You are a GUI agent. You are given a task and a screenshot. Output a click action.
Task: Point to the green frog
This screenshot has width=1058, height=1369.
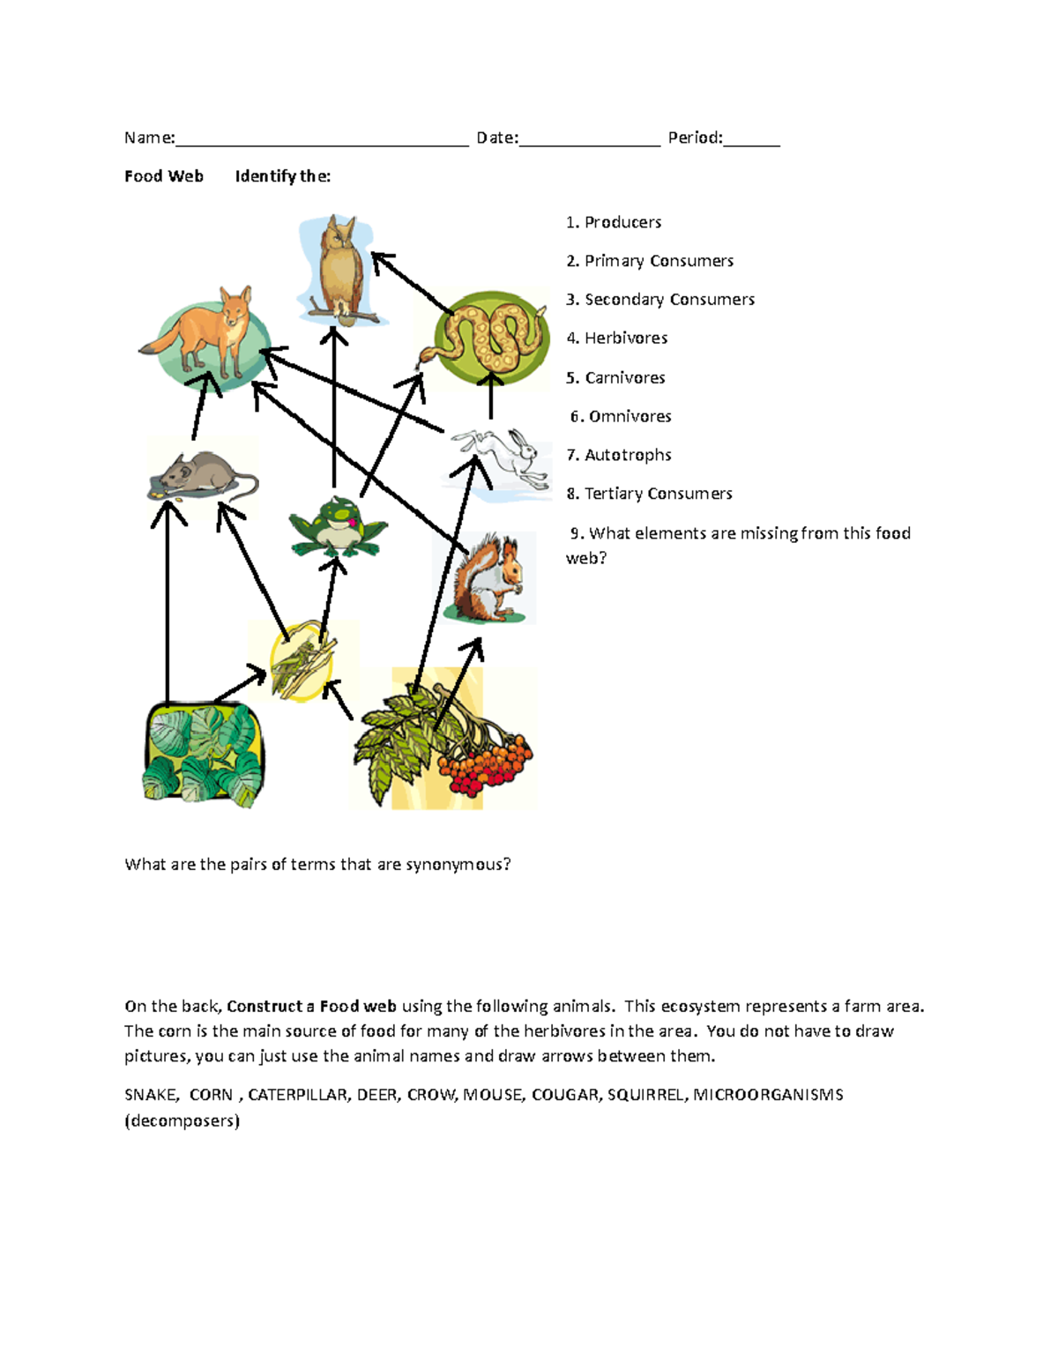[338, 527]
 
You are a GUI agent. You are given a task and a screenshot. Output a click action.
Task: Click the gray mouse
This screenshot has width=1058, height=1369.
[203, 476]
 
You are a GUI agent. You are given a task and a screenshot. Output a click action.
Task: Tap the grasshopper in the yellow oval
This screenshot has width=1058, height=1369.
[300, 661]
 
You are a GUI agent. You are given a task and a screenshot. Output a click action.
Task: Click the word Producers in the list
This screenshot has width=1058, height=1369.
[622, 222]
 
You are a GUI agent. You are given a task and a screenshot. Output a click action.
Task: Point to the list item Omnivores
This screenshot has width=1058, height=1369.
[630, 416]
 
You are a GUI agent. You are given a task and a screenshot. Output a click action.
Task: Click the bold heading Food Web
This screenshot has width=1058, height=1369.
[164, 176]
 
